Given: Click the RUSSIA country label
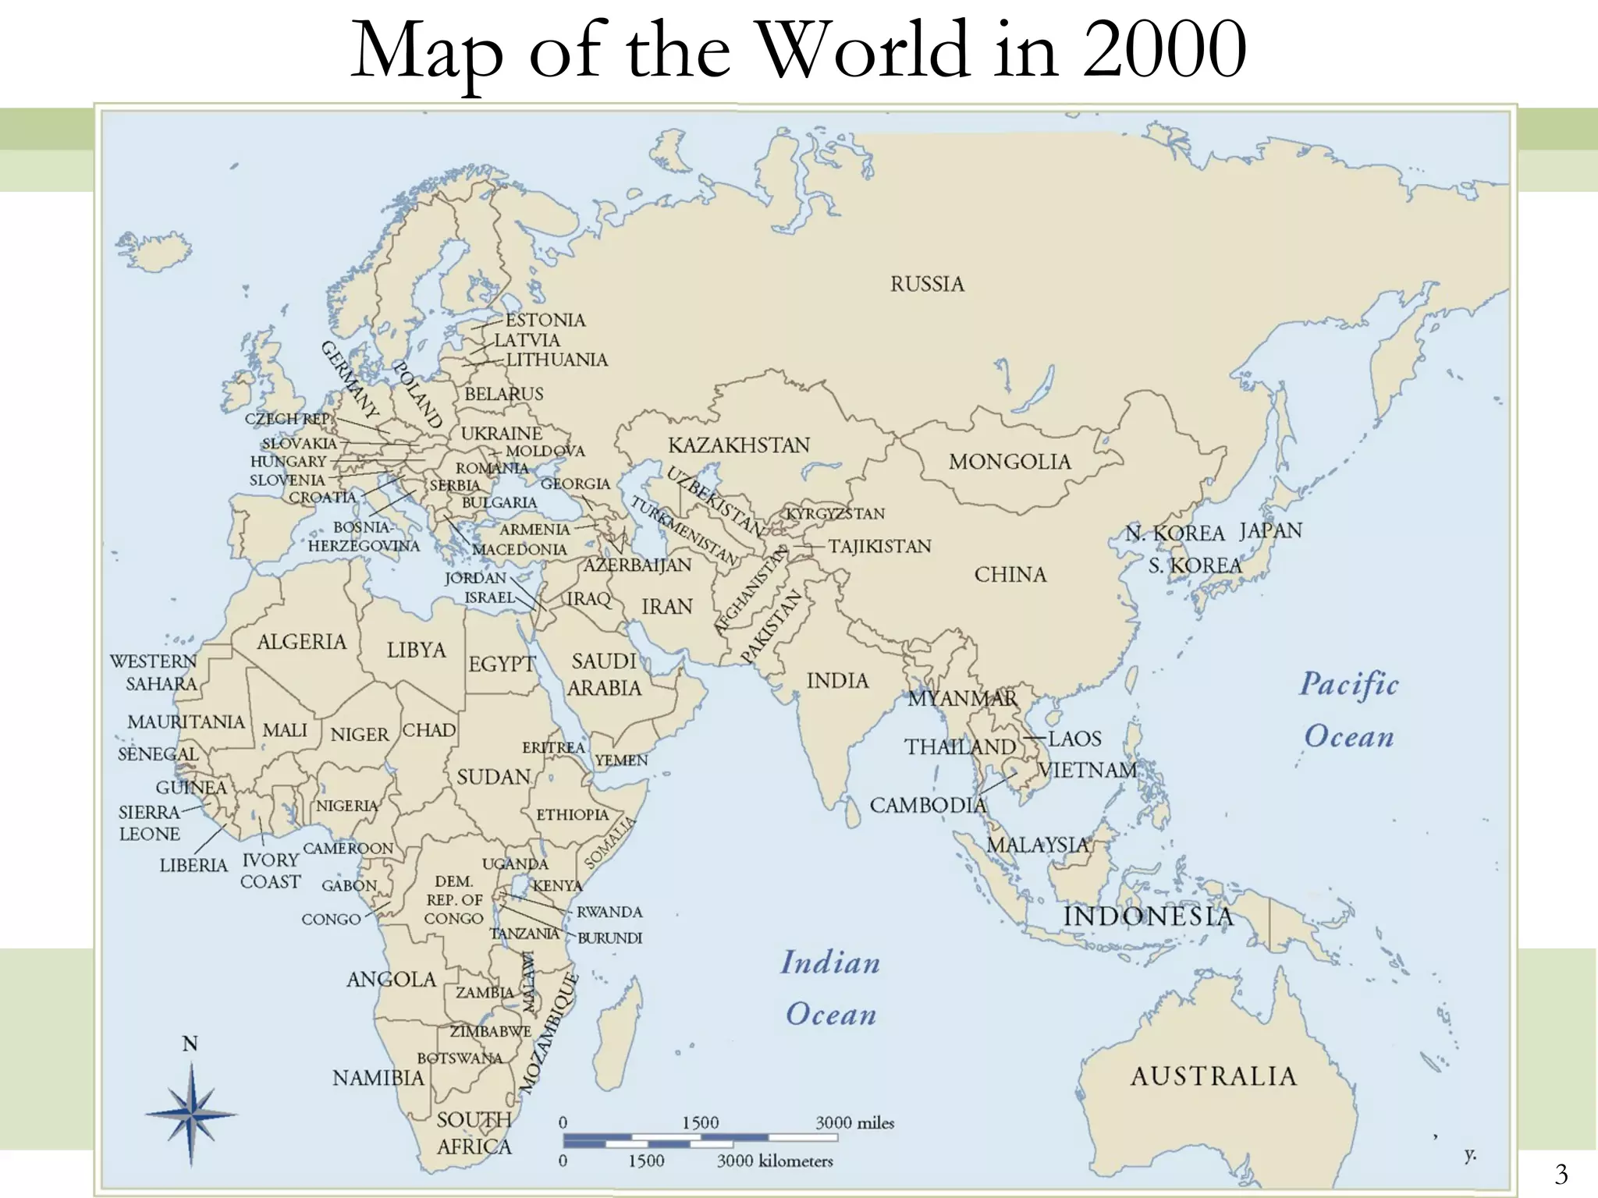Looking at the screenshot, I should click(x=927, y=284).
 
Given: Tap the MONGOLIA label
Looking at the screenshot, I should click(x=1010, y=462).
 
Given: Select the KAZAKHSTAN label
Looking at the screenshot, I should click(x=739, y=445).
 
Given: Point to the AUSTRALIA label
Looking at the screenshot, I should click(x=1213, y=1076).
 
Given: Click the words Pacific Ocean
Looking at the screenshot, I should click(x=1349, y=710).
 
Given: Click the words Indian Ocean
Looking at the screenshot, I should click(x=831, y=988).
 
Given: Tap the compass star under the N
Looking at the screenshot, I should click(x=191, y=1114).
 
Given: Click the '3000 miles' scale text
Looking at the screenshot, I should click(x=854, y=1123).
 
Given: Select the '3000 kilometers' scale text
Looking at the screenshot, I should click(x=775, y=1161).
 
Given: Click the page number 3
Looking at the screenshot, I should click(x=1561, y=1174).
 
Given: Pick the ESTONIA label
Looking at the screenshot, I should click(x=545, y=321).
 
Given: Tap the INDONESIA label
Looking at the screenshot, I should click(x=1149, y=916).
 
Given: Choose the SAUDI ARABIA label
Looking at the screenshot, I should click(x=604, y=675).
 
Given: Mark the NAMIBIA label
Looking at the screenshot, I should click(x=378, y=1078).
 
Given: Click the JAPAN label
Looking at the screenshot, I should click(x=1270, y=531).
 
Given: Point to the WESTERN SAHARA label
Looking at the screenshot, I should click(x=155, y=672).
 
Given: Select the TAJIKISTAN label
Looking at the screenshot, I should click(x=879, y=546).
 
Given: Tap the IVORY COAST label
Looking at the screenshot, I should click(x=270, y=870).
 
